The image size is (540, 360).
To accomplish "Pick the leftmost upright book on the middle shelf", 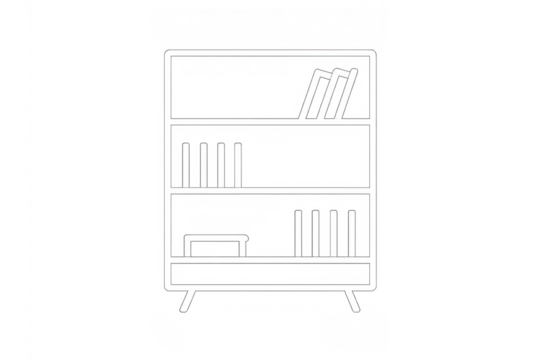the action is click(186, 164).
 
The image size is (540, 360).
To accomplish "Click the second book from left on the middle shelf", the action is click(203, 164).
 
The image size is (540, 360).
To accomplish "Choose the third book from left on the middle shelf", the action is click(220, 164).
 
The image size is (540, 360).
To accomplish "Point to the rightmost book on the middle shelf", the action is click(237, 164).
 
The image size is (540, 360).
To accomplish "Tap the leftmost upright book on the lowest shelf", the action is click(300, 232).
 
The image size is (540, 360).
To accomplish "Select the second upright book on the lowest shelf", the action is click(317, 232).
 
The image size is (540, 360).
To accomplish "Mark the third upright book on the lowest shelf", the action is click(334, 232).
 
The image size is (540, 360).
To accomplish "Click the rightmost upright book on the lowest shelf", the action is click(351, 232).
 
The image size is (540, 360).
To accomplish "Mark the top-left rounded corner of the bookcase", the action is click(165, 53).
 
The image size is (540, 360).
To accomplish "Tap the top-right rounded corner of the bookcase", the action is click(374, 53).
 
